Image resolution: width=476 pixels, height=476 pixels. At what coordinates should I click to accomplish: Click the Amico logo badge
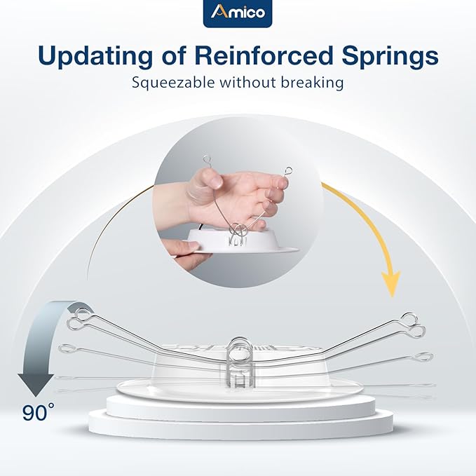[238, 13]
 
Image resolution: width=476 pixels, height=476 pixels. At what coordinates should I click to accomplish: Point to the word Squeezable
[172, 83]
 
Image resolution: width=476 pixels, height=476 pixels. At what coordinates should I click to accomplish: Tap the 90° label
[38, 412]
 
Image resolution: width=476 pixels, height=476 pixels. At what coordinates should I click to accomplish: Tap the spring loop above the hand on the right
[288, 169]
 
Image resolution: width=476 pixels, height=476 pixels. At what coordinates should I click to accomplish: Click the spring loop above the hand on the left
[208, 161]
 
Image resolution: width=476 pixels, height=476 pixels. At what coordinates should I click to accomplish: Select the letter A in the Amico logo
[219, 13]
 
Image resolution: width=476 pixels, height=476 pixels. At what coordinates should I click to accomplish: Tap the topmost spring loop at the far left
[79, 313]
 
